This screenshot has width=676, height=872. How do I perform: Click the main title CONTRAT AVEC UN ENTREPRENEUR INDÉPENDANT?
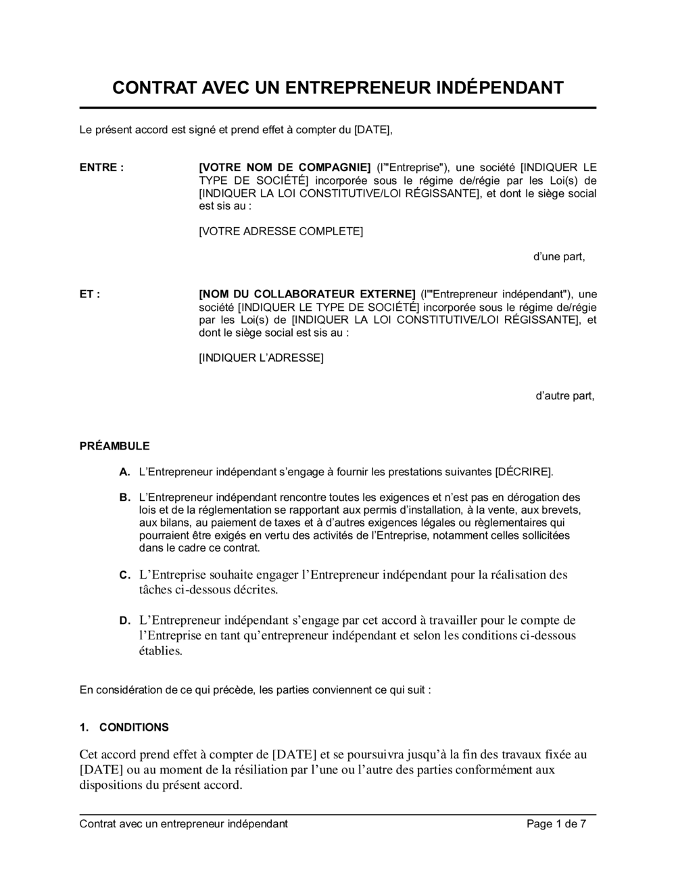337,88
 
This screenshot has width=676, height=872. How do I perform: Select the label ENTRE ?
101,168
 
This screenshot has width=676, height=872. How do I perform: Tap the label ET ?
90,294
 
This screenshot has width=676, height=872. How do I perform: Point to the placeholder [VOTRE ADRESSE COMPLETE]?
281,231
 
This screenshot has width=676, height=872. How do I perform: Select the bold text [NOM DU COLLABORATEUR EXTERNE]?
307,294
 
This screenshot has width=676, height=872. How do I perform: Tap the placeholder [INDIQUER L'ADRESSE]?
261,358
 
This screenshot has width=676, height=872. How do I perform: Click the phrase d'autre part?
565,395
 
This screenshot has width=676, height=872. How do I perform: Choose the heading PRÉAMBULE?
114,446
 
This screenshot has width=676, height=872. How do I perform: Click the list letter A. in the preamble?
124,471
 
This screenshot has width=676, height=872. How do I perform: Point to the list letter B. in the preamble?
124,498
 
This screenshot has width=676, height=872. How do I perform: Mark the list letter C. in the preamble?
124,575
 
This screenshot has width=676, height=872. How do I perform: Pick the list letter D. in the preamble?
124,621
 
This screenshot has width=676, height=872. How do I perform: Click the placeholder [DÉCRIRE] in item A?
523,471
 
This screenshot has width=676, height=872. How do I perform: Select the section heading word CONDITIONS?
134,727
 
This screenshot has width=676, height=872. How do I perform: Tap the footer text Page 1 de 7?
556,824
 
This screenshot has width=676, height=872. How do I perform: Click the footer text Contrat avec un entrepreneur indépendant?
183,824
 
